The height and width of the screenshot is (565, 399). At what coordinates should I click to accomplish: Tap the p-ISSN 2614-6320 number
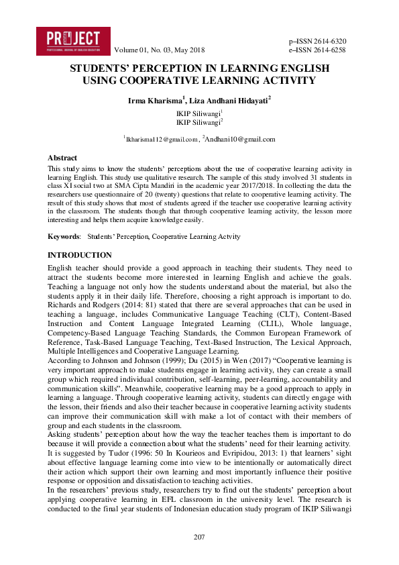pyautogui.click(x=317, y=41)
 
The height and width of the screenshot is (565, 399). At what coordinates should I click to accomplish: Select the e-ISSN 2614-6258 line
pyautogui.click(x=317, y=50)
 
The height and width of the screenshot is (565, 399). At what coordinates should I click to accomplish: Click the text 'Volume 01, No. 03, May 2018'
pyautogui.click(x=160, y=50)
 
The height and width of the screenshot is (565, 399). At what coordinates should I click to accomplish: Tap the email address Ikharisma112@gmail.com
pyautogui.click(x=162, y=140)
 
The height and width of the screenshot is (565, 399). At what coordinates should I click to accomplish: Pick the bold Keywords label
pyautogui.click(x=64, y=236)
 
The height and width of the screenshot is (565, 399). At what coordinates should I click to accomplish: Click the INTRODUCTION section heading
pyautogui.click(x=80, y=255)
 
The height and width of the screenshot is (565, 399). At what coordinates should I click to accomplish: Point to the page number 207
pyautogui.click(x=199, y=537)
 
